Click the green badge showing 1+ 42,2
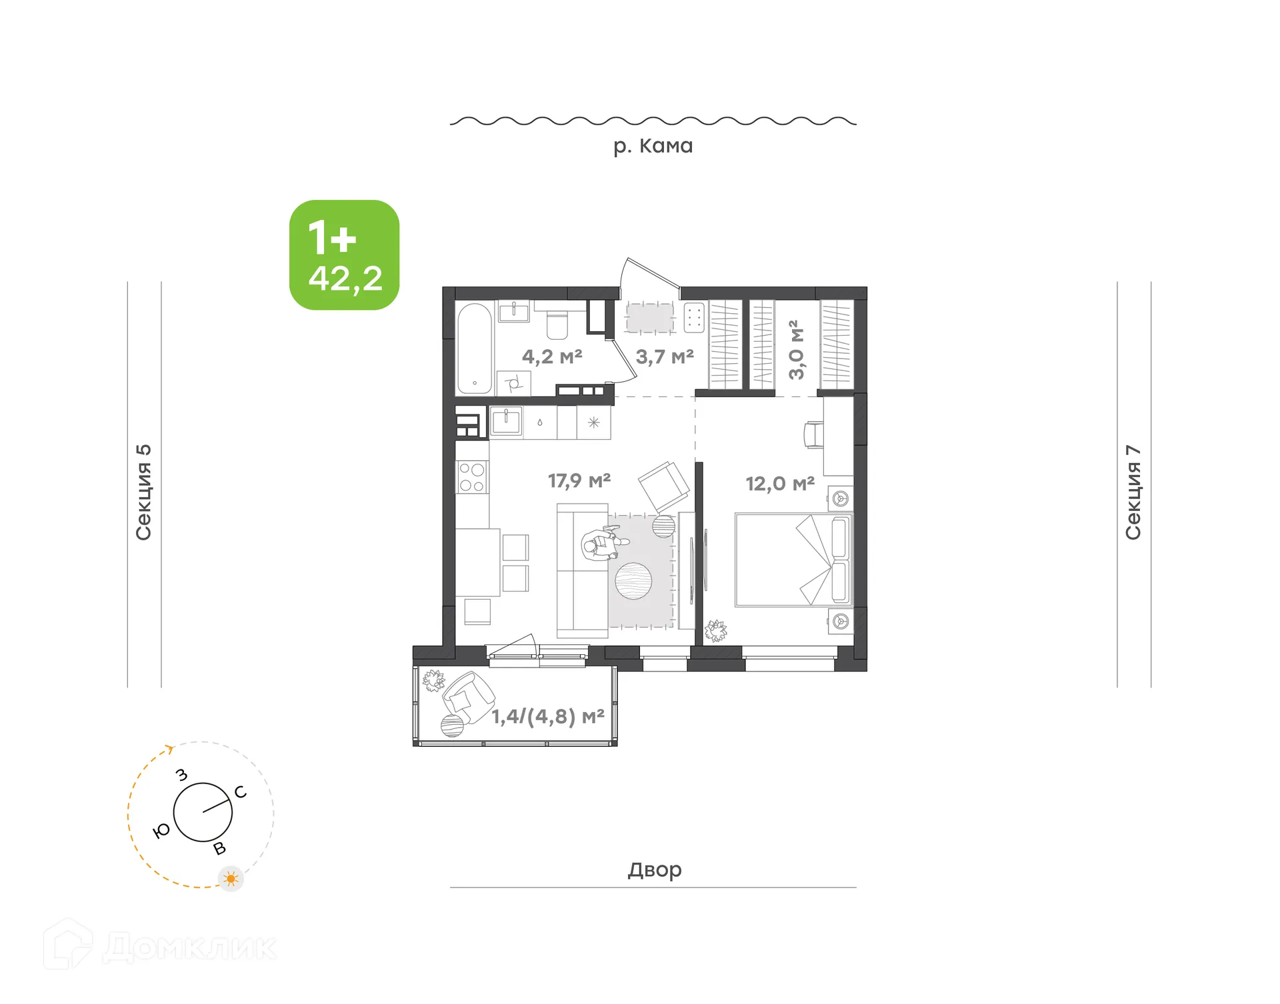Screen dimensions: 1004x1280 pos(344,254)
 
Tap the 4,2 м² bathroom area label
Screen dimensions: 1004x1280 pos(551,356)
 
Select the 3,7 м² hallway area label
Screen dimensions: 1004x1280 pos(664,356)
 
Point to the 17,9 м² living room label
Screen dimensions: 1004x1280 pos(579,480)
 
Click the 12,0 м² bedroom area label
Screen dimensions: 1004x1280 pos(779,484)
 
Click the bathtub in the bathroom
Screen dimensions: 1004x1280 pos(475,348)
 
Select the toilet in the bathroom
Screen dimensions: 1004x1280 pos(557,324)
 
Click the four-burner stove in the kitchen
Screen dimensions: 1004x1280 pos(472,477)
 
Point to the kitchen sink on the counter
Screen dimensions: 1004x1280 pos(506,422)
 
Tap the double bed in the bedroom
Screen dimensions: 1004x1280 pos(792,560)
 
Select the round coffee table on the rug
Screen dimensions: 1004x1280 pos(633,581)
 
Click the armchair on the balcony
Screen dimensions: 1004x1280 pos(468,697)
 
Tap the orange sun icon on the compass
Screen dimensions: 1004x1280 pos(231,879)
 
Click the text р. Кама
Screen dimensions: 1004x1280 pos(653,146)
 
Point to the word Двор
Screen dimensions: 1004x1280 pos(654,869)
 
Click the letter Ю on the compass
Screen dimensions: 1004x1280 pos(161,831)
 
